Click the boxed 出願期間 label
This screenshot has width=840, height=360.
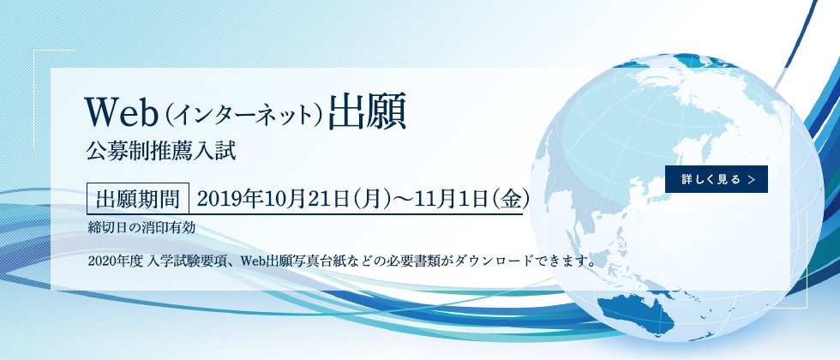pyautogui.click(x=138, y=199)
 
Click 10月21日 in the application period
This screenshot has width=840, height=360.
pyautogui.click(x=288, y=199)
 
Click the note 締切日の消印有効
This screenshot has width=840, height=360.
pyautogui.click(x=147, y=227)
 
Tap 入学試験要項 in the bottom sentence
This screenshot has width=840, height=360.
pyautogui.click(x=185, y=259)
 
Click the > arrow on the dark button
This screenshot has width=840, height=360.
pyautogui.click(x=752, y=180)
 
